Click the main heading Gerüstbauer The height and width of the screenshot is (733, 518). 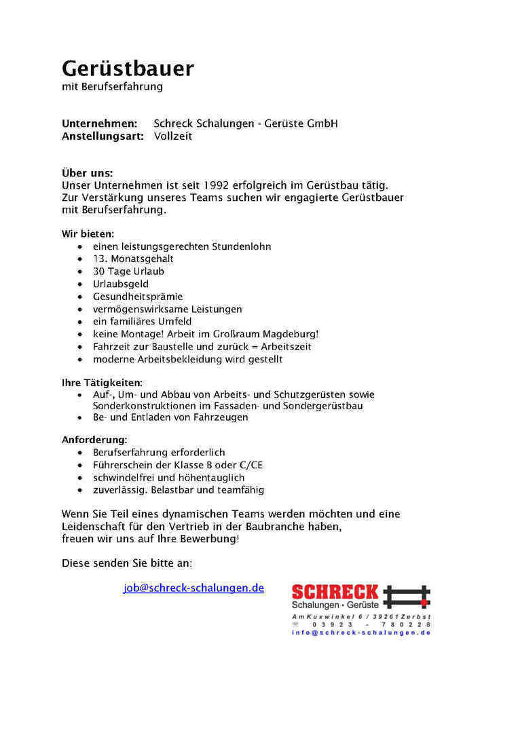pyautogui.click(x=128, y=69)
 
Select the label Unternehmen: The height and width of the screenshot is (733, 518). pyautogui.click(x=99, y=124)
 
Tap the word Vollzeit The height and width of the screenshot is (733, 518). pyautogui.click(x=173, y=136)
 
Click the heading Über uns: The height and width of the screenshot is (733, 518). pyautogui.click(x=87, y=173)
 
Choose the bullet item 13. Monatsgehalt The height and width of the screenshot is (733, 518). pyautogui.click(x=133, y=259)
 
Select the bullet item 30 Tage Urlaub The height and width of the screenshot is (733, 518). pyautogui.click(x=128, y=271)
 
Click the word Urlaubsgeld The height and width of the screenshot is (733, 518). pyautogui.click(x=121, y=284)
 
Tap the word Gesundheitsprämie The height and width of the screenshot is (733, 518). pyautogui.click(x=138, y=297)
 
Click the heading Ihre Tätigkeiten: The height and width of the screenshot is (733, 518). pyautogui.click(x=102, y=383)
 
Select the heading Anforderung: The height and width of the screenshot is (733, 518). pyautogui.click(x=94, y=440)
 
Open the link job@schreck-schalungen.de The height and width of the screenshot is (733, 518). pyautogui.click(x=193, y=588)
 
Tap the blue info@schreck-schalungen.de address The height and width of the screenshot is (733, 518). pyautogui.click(x=361, y=633)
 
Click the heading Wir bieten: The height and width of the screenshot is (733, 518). pyautogui.click(x=88, y=234)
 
